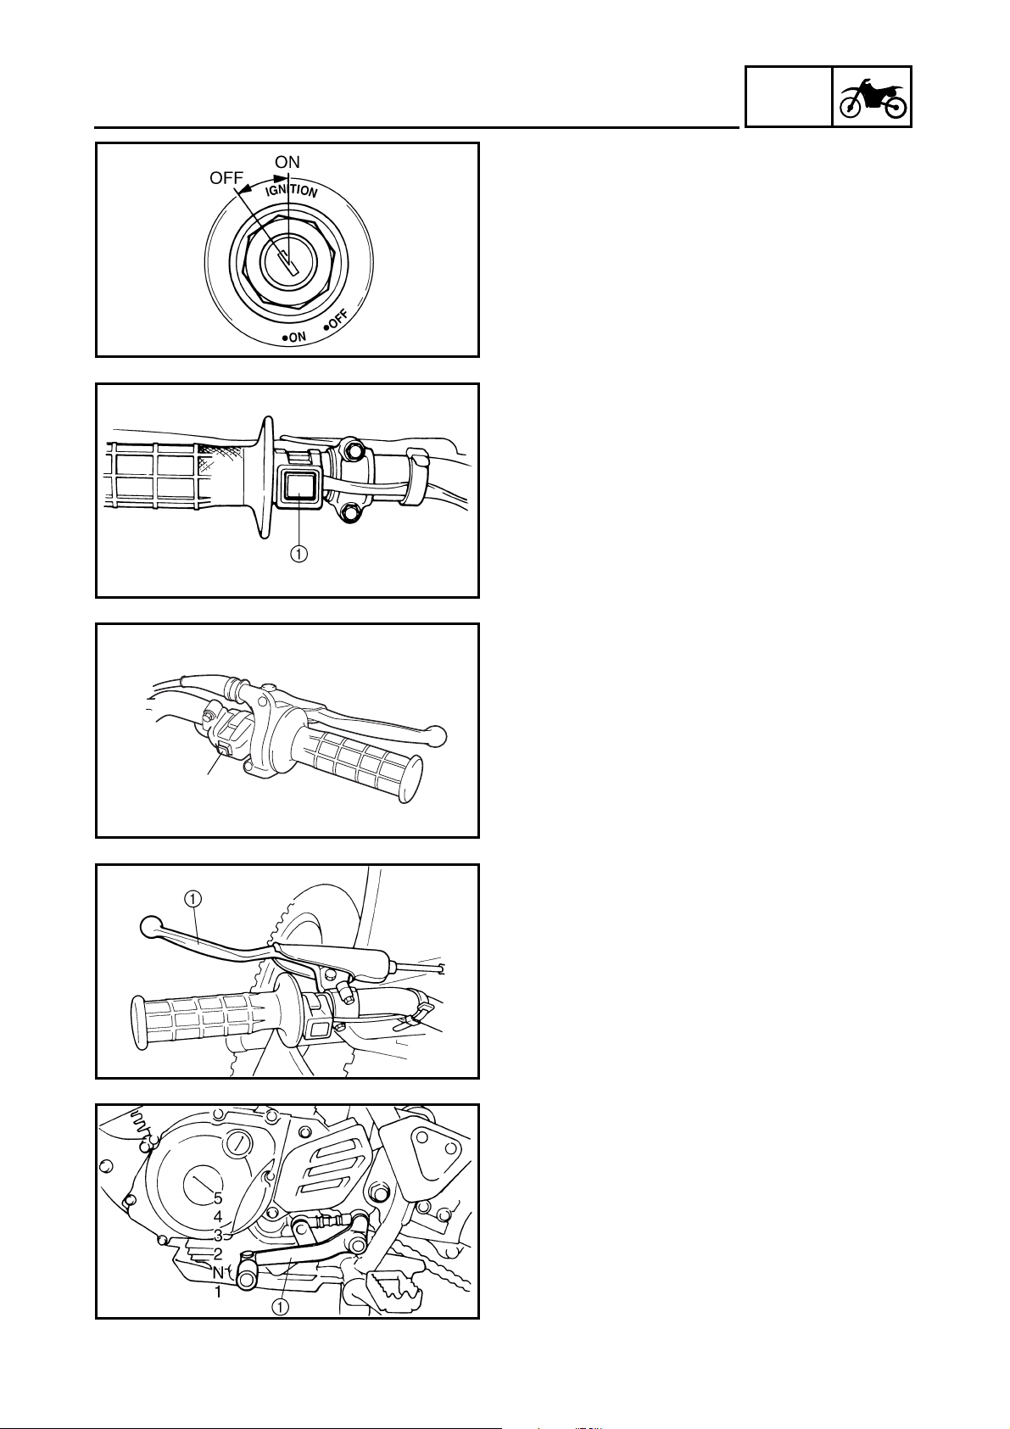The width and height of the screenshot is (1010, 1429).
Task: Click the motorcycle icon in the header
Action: point(872,98)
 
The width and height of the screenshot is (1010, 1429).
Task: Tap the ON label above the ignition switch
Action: point(287,162)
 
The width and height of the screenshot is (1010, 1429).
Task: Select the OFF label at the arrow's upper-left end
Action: point(226,178)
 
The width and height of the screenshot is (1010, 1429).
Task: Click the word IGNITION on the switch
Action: point(291,189)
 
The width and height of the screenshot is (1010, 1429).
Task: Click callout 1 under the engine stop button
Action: point(299,553)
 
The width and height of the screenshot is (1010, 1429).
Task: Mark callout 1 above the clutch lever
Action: point(193,899)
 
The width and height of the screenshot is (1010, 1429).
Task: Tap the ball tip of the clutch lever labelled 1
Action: point(151,926)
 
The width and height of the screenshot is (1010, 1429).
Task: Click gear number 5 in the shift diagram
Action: point(218,1198)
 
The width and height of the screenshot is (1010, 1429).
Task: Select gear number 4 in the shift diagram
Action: point(218,1217)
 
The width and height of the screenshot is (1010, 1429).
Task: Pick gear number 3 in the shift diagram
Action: point(218,1235)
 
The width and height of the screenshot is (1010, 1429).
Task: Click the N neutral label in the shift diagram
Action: point(218,1271)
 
